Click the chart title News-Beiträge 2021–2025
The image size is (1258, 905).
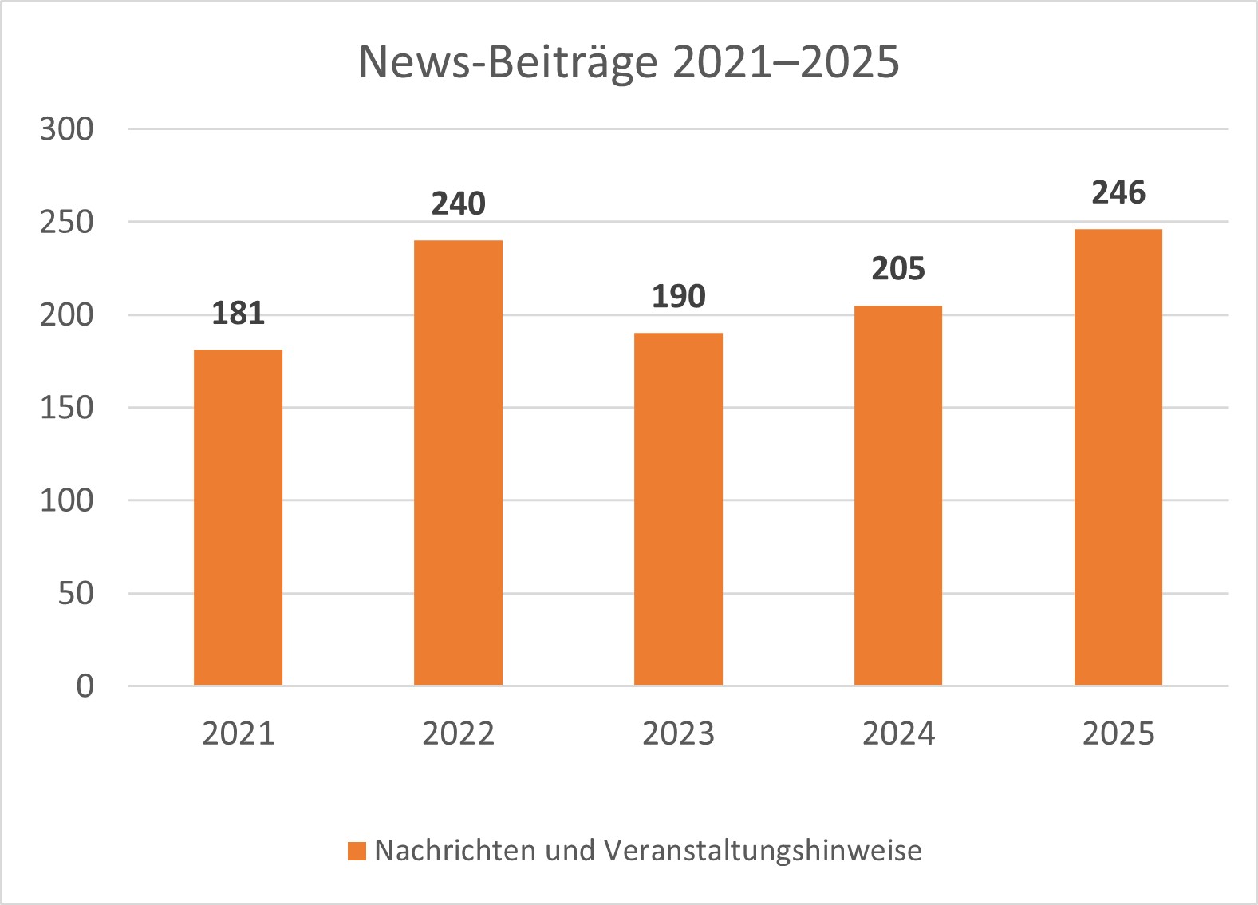629,62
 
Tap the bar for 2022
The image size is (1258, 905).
458,463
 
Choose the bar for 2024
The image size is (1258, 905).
898,495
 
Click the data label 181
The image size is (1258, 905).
238,314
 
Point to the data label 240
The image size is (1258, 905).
458,204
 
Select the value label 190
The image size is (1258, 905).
678,297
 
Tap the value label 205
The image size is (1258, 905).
898,269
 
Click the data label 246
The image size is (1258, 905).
1118,193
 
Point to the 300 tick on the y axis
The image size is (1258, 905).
67,129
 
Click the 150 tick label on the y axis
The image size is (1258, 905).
67,408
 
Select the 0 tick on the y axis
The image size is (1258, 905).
85,686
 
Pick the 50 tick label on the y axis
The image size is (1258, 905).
76,594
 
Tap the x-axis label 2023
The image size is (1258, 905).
678,733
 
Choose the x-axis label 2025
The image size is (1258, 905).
1118,733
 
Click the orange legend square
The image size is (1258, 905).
357,851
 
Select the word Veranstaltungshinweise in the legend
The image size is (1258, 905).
763,851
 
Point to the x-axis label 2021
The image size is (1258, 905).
238,733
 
